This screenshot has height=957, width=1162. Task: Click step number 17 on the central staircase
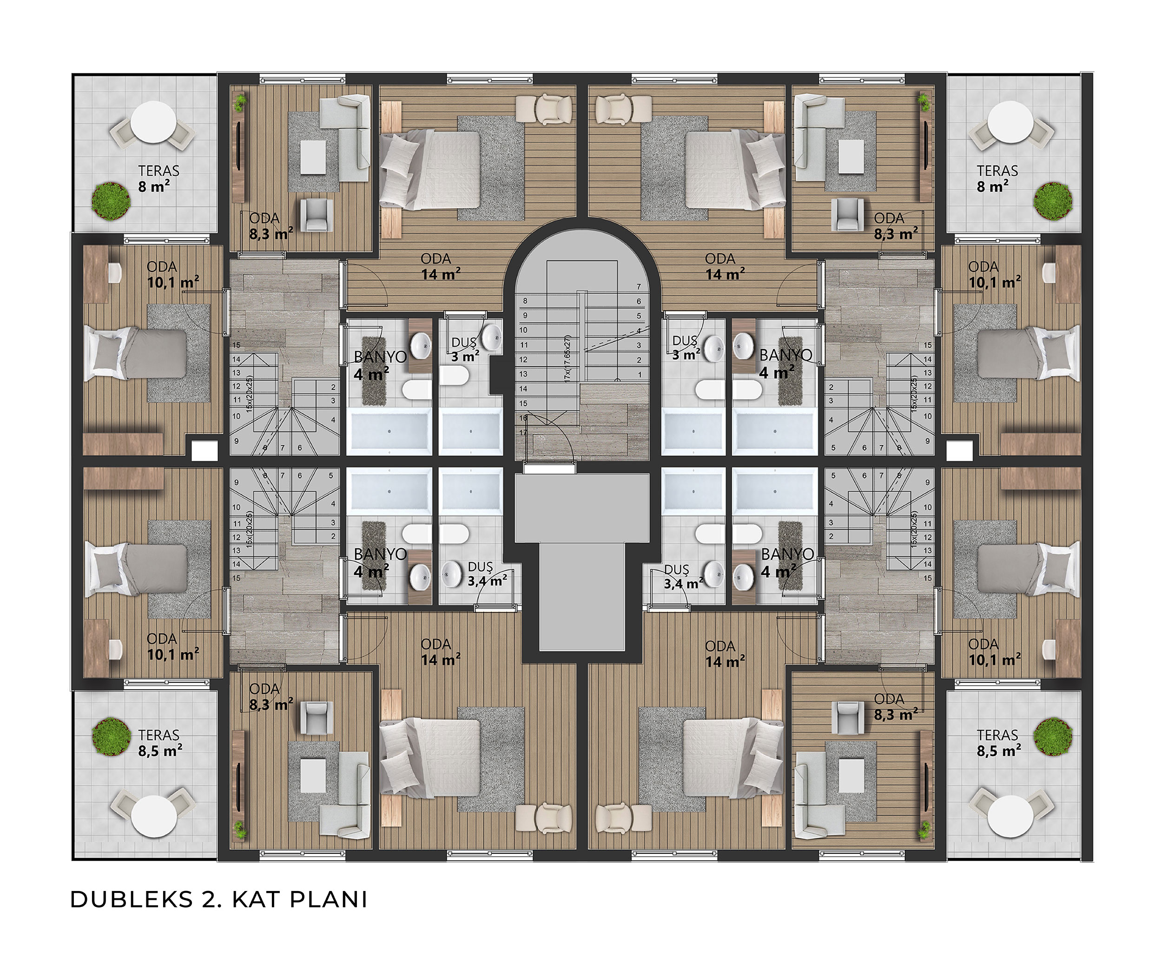(x=523, y=433)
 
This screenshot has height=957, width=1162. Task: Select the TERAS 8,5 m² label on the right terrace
(x=998, y=743)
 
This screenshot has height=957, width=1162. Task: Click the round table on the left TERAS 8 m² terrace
(x=154, y=125)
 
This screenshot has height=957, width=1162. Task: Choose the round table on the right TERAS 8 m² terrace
(x=1010, y=125)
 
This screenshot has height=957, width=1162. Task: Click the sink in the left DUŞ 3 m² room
(x=492, y=336)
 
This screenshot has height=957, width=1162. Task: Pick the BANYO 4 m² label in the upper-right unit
(x=785, y=364)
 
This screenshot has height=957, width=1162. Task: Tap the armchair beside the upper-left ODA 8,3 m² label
(x=317, y=214)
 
